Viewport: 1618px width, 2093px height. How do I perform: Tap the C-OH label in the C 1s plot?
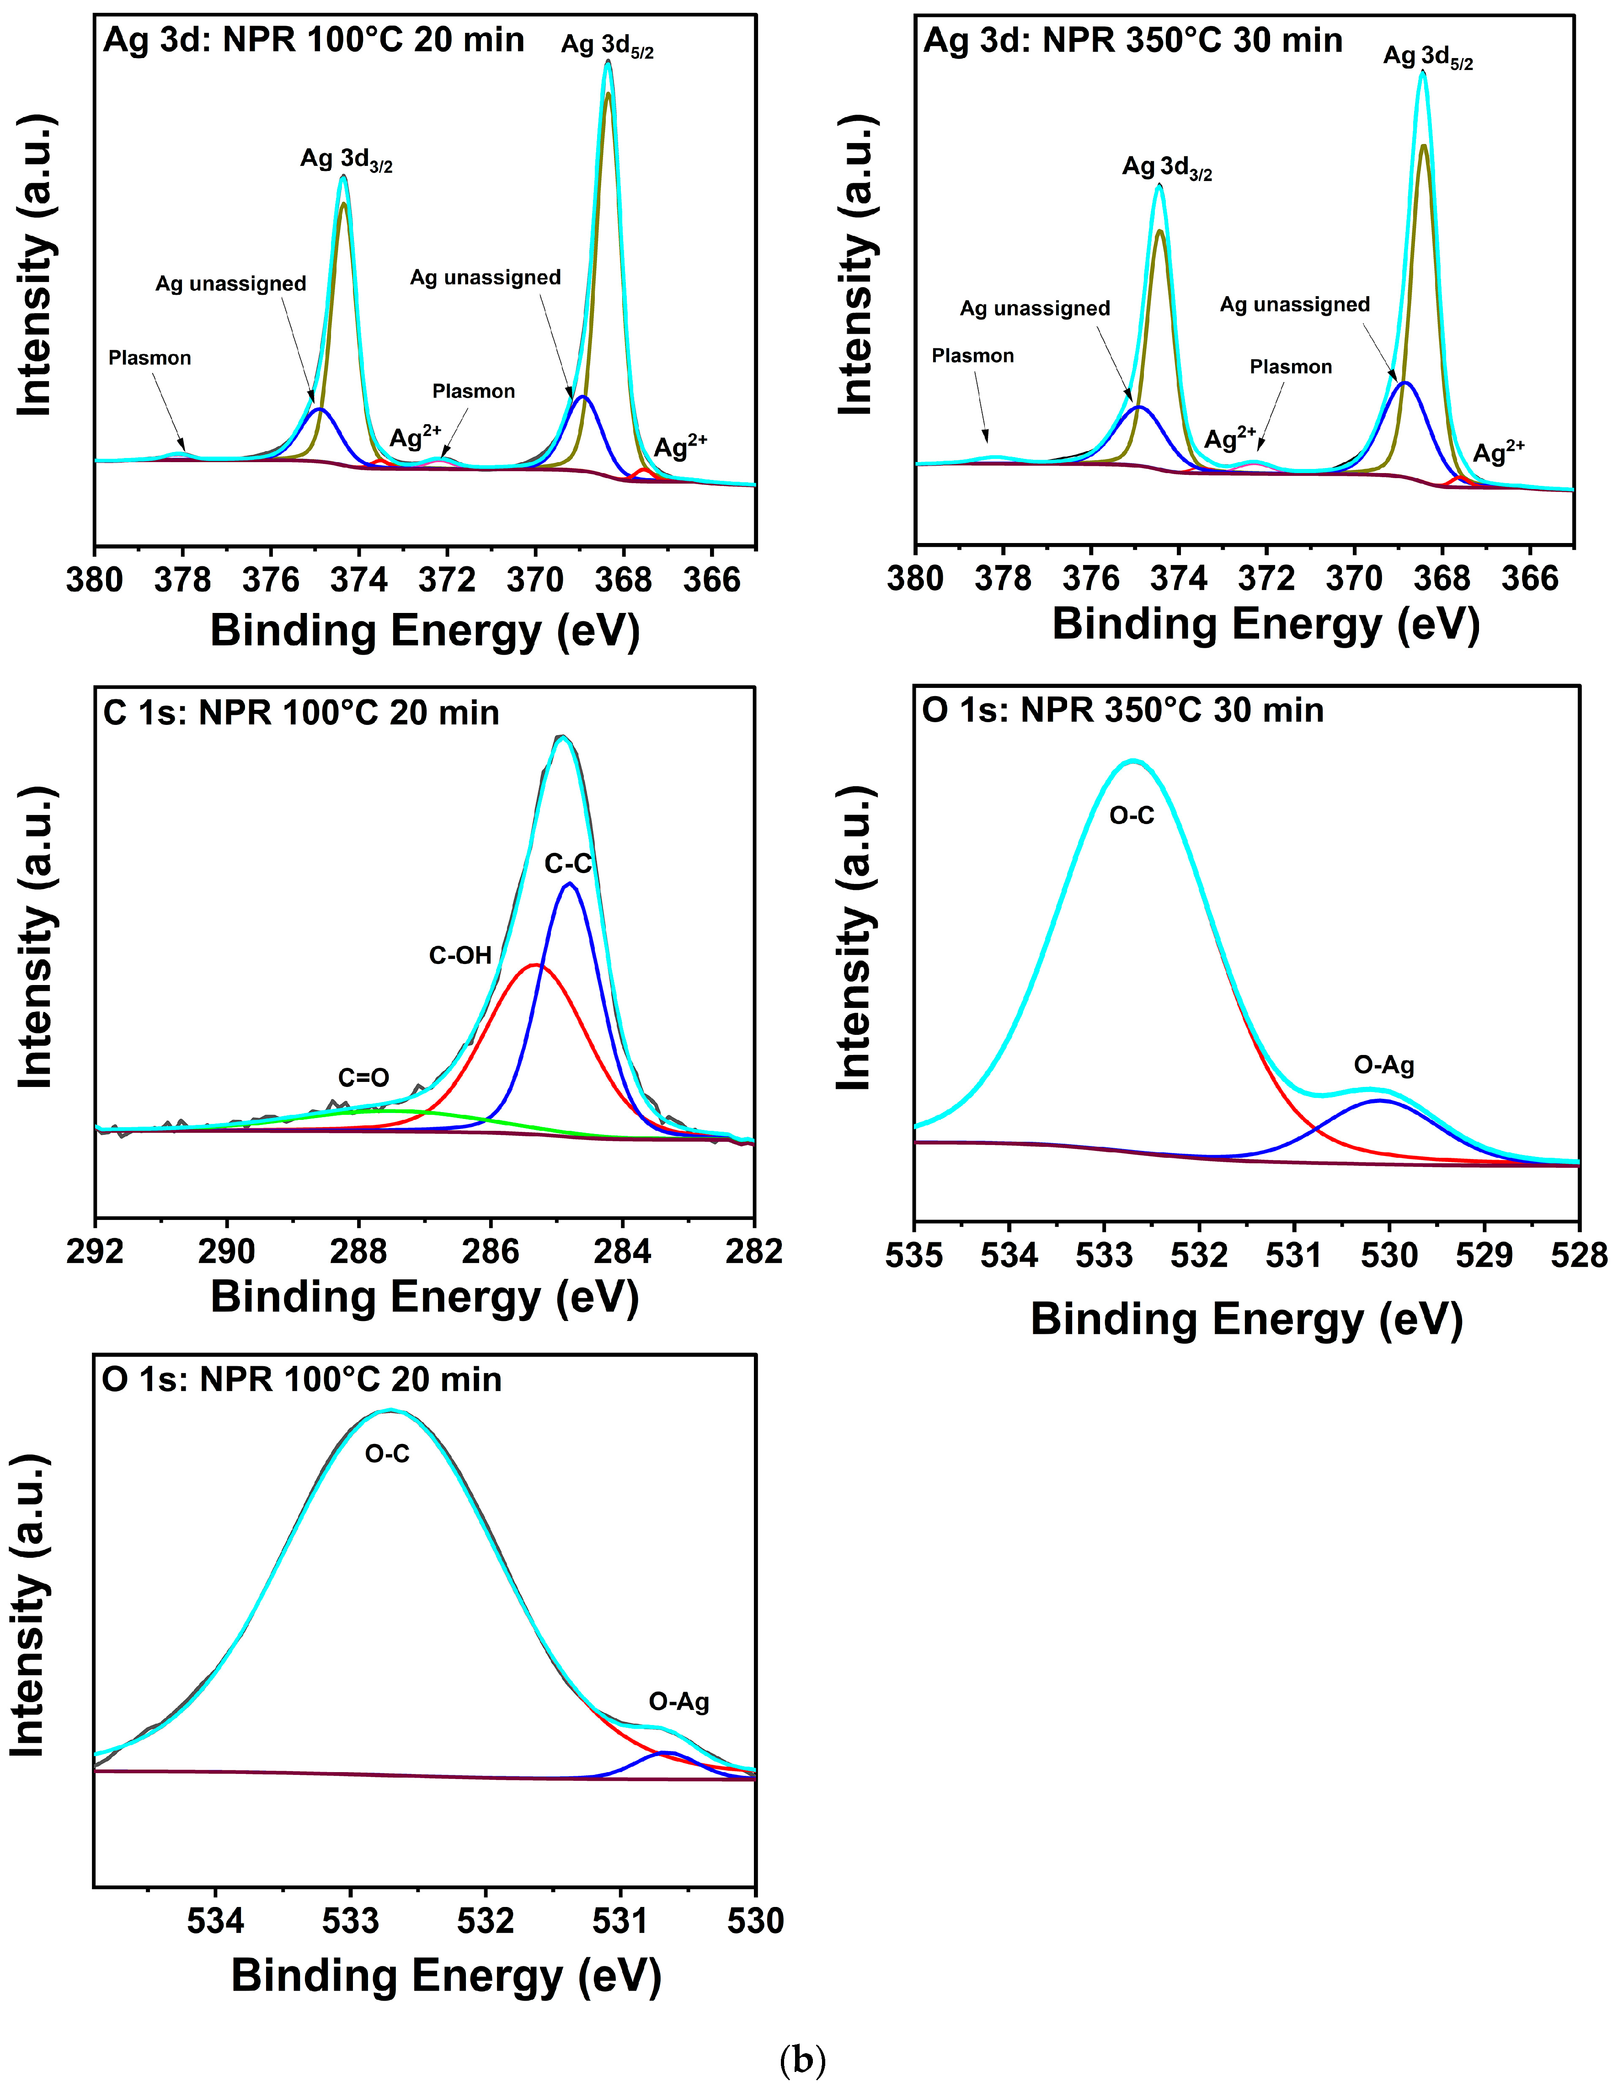point(460,955)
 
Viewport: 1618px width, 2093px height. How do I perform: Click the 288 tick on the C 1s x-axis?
point(358,1252)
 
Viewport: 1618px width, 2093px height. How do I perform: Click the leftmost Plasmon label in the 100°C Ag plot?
point(150,357)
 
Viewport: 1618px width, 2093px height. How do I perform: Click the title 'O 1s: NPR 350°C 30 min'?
point(1122,710)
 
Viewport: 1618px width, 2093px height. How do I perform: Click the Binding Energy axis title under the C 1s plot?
point(425,1298)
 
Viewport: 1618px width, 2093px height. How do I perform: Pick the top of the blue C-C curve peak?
point(570,884)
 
